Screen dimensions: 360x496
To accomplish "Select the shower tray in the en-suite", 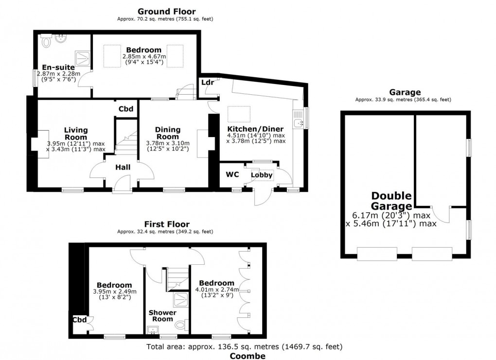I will (82, 58).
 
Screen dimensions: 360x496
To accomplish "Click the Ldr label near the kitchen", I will (208, 83).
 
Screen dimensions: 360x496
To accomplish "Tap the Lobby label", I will (262, 175).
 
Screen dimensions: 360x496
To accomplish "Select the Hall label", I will (123, 167).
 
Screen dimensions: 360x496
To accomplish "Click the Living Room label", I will (76, 133).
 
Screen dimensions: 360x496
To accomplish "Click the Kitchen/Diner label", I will (256, 129).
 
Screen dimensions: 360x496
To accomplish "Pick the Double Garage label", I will (391, 201).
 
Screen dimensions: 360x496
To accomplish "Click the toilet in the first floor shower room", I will (181, 325).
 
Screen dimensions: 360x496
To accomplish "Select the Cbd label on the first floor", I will (79, 320).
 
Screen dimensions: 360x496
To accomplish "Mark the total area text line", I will (245, 347).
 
